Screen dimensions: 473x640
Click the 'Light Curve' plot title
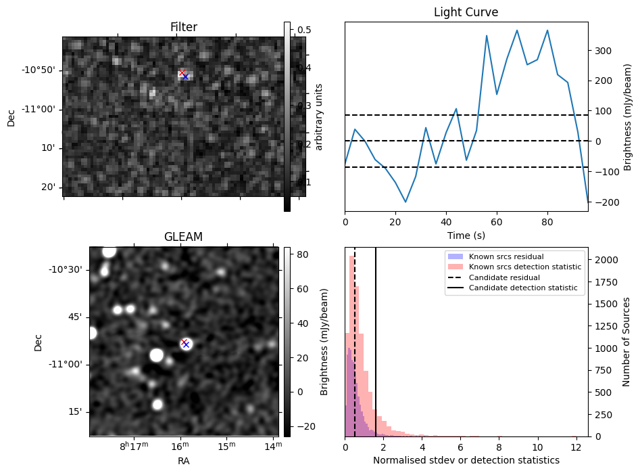[x=466, y=12]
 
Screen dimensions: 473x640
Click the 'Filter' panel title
[x=184, y=28]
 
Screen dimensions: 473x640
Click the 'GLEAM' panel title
[x=183, y=237]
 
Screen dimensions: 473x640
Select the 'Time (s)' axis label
[x=466, y=235]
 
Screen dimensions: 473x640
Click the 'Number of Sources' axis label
[x=626, y=341]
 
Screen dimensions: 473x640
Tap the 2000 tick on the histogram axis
[x=606, y=260]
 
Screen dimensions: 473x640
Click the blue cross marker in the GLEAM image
[x=186, y=344]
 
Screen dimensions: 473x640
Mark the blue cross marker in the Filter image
[x=186, y=76]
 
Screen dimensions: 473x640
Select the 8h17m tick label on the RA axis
[x=133, y=447]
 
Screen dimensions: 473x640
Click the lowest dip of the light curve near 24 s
[x=405, y=202]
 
